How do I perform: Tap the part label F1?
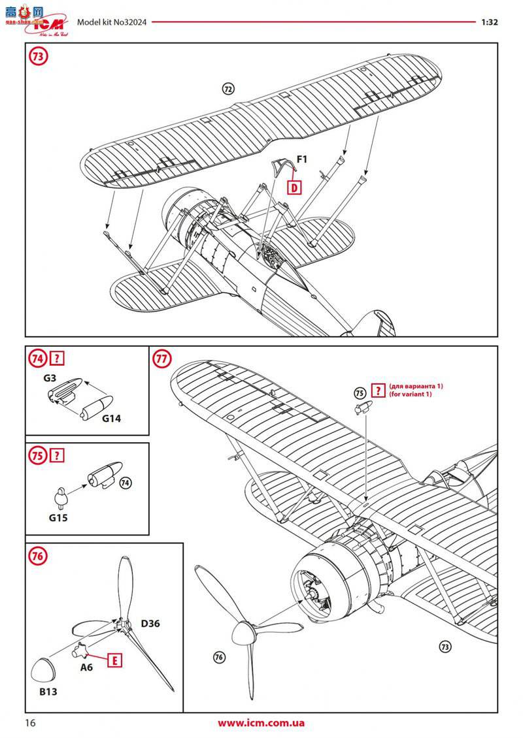[303, 158]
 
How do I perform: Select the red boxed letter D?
[295, 187]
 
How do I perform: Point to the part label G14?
[112, 419]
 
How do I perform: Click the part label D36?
[150, 623]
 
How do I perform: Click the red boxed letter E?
[116, 660]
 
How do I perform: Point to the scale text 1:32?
[490, 21]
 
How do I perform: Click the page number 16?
[29, 723]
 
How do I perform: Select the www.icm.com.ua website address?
[261, 723]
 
